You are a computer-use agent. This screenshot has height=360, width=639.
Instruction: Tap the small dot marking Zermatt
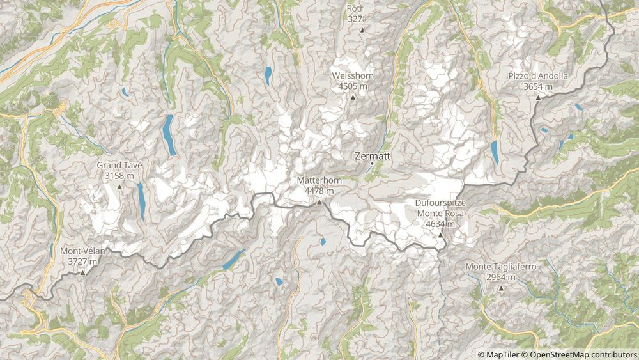point(372,164)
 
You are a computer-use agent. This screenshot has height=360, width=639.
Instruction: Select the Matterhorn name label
point(319,181)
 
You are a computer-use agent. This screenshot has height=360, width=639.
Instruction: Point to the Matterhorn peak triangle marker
point(319,202)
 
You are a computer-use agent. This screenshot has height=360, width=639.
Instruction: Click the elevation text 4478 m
point(319,191)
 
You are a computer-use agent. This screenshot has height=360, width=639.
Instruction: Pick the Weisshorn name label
point(353,76)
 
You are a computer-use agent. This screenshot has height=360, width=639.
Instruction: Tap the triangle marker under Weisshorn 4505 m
point(353,97)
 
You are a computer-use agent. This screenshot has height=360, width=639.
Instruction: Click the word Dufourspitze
point(440,204)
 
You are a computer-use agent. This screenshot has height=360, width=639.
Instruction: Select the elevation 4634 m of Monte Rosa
point(440,224)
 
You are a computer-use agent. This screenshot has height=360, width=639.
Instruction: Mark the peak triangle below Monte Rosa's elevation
point(440,235)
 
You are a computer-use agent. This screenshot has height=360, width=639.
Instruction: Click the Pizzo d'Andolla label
point(538,76)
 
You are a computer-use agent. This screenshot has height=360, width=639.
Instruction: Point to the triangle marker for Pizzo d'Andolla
point(538,97)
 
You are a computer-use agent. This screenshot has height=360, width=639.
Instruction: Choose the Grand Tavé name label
point(119,165)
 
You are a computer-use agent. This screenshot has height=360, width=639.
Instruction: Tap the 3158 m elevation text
point(119,175)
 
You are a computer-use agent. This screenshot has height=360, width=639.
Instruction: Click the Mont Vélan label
point(82,251)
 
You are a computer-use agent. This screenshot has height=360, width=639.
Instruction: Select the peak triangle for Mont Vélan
point(82,272)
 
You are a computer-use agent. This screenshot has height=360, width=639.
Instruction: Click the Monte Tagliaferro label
point(501,267)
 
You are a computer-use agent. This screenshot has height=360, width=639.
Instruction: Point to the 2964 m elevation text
point(501,277)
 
